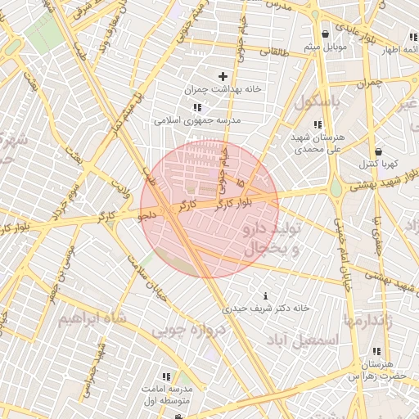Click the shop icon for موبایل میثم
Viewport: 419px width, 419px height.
coord(327,34)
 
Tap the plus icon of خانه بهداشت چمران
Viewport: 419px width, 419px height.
coord(222,76)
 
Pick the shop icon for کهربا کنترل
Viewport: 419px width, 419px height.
coord(378,151)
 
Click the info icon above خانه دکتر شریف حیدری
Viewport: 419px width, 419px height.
coord(264,295)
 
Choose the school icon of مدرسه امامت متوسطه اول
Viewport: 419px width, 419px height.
coord(166,376)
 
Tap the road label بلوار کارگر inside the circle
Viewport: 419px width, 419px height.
coord(237,201)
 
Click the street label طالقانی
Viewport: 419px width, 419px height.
coord(270,51)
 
